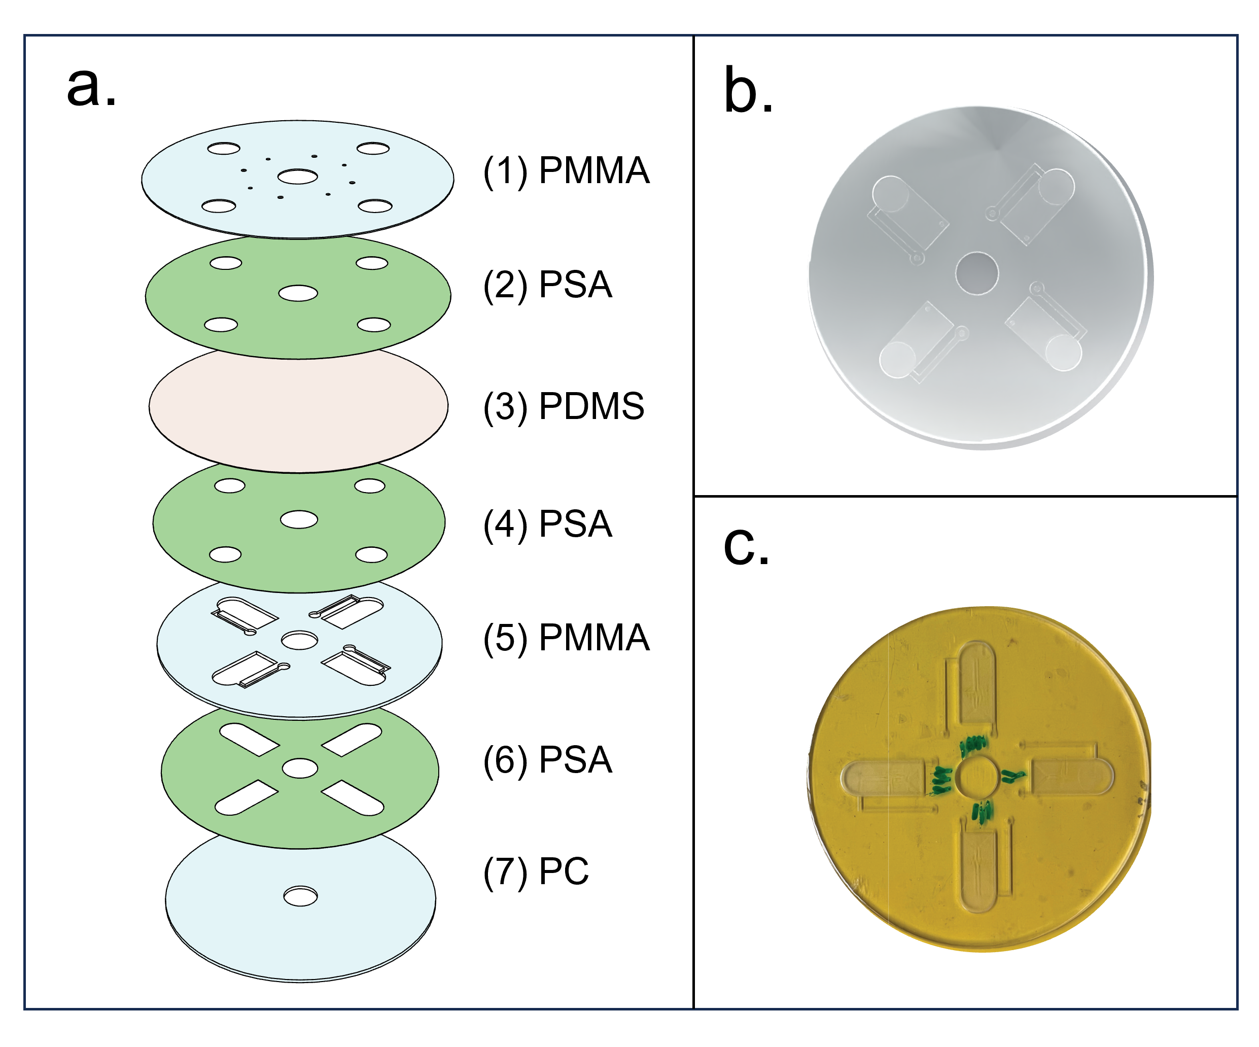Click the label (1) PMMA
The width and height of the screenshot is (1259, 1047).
pos(566,171)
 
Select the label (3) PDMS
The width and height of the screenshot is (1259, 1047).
pos(564,406)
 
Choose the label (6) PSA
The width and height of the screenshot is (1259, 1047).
pos(547,760)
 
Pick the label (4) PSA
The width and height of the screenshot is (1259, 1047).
pos(547,524)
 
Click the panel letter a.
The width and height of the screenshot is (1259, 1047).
pos(91,87)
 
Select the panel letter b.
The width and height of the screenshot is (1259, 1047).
pos(748,91)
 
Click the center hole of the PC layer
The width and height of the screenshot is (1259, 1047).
pos(300,896)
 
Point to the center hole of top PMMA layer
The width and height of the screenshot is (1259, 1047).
pos(297,177)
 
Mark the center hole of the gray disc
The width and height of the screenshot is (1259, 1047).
pos(976,273)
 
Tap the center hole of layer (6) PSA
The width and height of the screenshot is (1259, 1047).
pos(300,768)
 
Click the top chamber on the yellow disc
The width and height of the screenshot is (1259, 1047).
pos(978,684)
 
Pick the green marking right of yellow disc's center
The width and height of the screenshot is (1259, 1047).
pos(1013,777)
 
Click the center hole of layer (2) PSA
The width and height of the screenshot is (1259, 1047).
pos(298,293)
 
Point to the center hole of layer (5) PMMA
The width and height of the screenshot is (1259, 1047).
pos(299,641)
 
